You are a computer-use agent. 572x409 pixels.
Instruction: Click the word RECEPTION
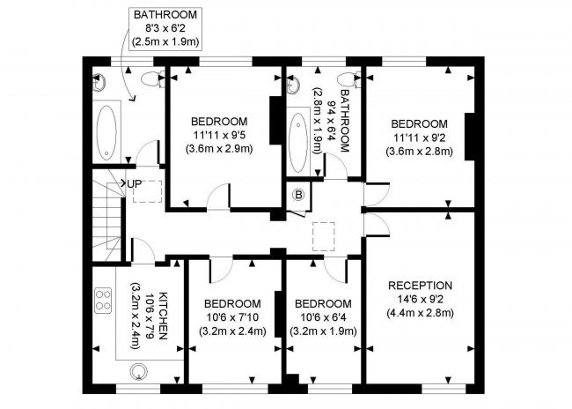click(421, 286)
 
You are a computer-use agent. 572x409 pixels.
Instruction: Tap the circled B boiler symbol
click(297, 195)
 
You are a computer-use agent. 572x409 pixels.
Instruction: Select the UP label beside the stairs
click(134, 183)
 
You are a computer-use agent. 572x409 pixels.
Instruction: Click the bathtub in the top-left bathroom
click(108, 131)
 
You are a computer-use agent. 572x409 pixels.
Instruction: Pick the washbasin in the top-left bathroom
click(99, 83)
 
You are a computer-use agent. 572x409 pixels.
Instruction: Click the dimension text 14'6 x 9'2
click(421, 299)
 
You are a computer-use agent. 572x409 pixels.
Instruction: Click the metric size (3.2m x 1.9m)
click(323, 331)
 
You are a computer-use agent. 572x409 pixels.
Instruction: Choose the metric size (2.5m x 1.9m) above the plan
click(165, 41)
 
